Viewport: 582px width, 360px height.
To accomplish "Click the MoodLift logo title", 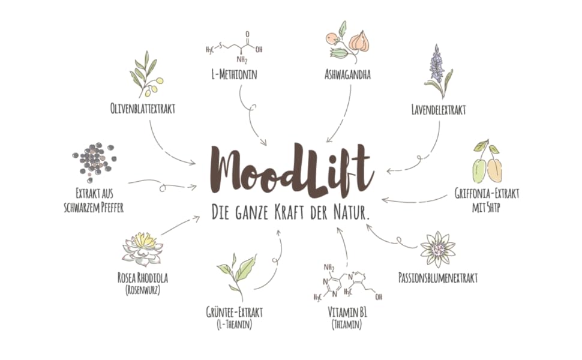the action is point(292,170).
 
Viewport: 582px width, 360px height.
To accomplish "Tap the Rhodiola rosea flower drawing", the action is point(143,248).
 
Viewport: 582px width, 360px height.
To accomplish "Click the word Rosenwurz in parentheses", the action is point(142,290).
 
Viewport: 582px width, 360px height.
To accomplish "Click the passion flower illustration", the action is point(437,248).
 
